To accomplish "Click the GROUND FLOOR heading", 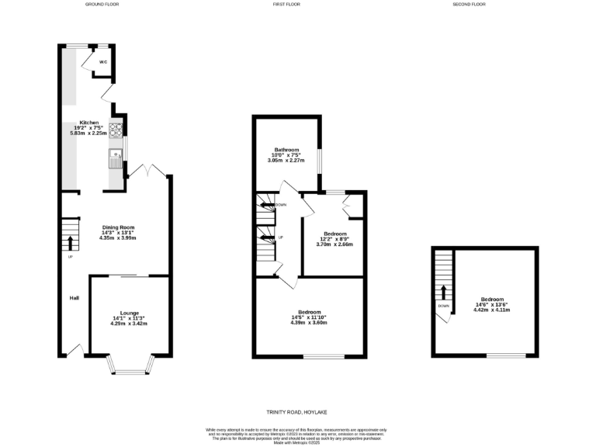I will [102, 5].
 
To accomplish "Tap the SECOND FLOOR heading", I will [469, 5].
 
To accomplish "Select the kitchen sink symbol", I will [116, 158].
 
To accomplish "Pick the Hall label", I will [74, 297].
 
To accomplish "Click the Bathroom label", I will [286, 149].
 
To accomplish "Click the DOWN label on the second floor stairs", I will [443, 306].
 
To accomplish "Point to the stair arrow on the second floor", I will [443, 292].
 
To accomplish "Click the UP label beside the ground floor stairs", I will [71, 257].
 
